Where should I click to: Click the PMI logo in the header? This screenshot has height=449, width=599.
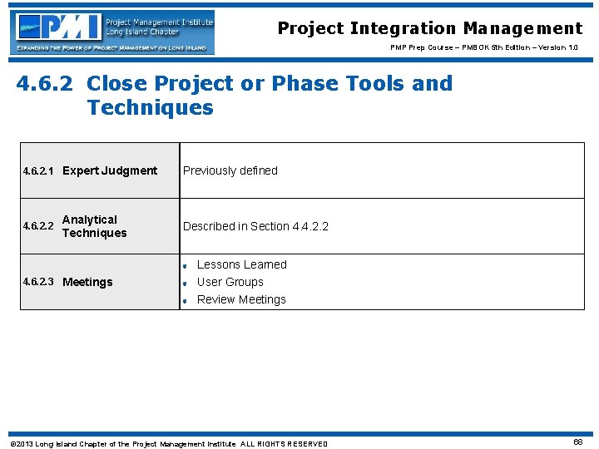tap(111, 32)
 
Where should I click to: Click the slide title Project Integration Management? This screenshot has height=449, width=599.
tap(430, 28)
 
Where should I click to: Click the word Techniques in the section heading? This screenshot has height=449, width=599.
tap(150, 108)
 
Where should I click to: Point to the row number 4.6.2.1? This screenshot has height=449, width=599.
tap(39, 171)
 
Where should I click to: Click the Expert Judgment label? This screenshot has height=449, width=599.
tap(110, 170)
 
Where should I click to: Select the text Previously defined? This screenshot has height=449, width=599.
tap(230, 170)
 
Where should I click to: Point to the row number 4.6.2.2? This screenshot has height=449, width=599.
tap(39, 226)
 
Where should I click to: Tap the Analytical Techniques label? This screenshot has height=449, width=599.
tap(94, 226)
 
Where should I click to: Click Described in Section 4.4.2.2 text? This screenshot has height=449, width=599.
tap(255, 226)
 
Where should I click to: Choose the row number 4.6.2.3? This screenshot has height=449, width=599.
tap(39, 282)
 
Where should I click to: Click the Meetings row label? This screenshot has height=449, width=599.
tap(87, 282)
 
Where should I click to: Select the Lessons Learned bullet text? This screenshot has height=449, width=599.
tap(241, 264)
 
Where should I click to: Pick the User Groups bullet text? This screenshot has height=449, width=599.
tap(230, 282)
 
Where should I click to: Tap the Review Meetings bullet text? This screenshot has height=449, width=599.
tap(241, 299)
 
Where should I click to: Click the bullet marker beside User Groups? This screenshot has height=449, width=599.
tap(186, 284)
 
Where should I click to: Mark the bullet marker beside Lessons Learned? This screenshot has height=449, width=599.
tap(186, 266)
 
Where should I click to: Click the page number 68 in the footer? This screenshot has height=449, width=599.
tap(577, 442)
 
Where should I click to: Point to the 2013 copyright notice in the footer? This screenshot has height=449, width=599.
tap(168, 444)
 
